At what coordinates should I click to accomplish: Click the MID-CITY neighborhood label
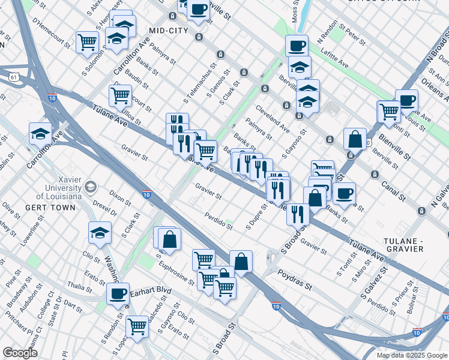(x=170, y=31)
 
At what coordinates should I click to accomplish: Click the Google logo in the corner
(x=20, y=352)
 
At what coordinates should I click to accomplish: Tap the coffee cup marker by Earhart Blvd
(x=118, y=293)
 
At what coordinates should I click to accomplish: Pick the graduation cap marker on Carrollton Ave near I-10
(x=40, y=134)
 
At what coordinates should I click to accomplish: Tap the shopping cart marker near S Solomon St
(x=88, y=43)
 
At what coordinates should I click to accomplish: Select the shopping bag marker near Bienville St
(x=355, y=139)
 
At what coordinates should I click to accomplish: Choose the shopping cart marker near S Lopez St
(x=137, y=327)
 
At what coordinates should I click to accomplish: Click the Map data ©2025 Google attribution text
(x=411, y=355)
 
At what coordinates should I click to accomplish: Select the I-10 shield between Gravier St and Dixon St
(x=146, y=194)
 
